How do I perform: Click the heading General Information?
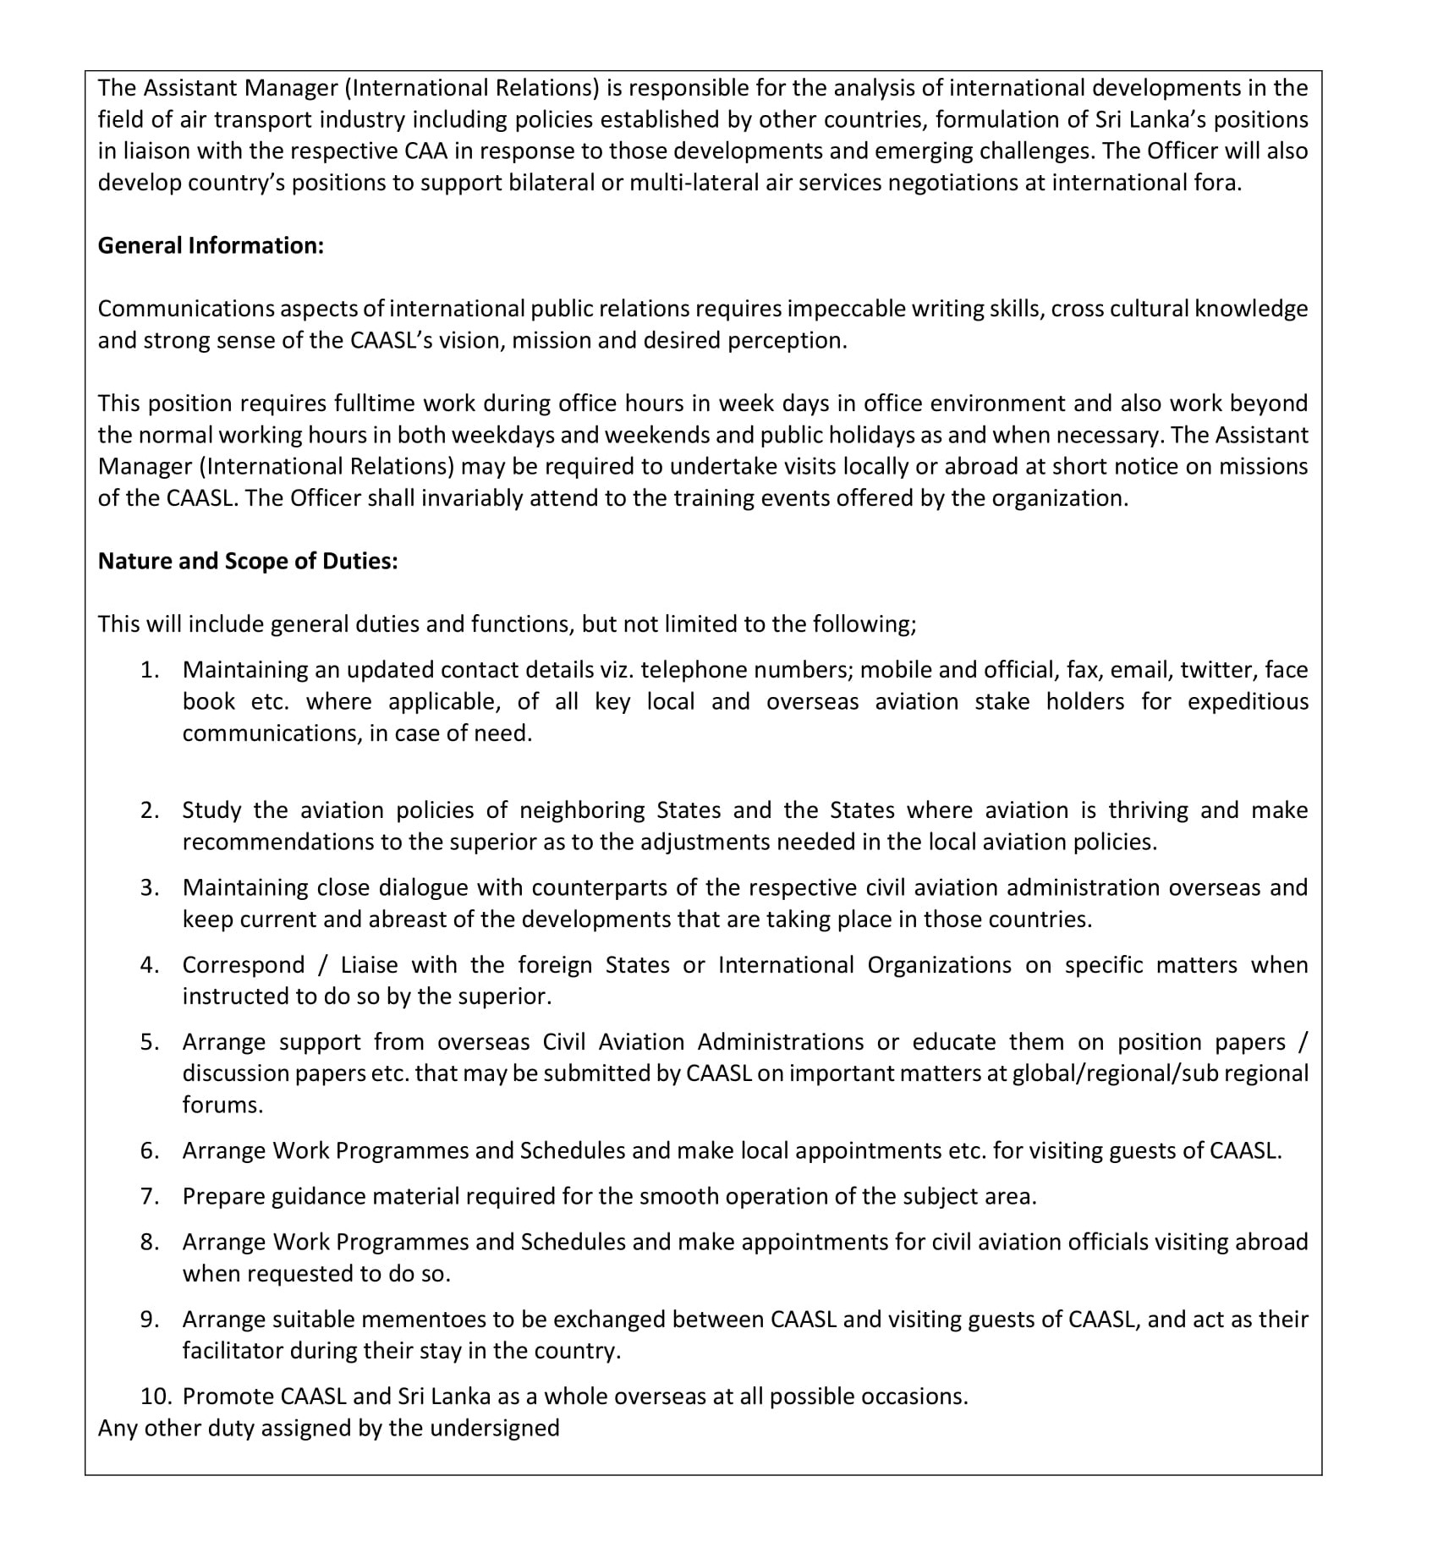point(211,245)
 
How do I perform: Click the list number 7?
point(150,1196)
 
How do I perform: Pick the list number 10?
point(156,1397)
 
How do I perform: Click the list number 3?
point(150,887)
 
